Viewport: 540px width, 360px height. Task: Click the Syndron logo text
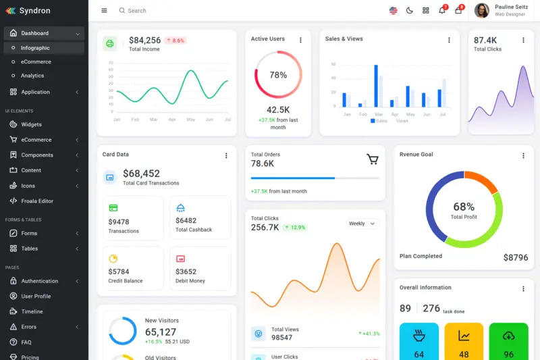(x=34, y=11)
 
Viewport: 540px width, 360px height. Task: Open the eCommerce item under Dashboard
(x=36, y=62)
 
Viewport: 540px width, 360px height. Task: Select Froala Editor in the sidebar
(x=36, y=201)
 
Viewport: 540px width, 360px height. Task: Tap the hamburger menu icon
(x=104, y=11)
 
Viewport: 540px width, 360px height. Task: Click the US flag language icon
(x=394, y=11)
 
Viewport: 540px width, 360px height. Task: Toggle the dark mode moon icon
(x=410, y=11)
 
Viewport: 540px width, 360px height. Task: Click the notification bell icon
(x=442, y=11)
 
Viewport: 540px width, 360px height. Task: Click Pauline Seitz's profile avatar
(x=482, y=10)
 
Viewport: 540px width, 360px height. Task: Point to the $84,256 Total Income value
(x=144, y=41)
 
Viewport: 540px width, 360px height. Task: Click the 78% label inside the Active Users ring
(x=278, y=75)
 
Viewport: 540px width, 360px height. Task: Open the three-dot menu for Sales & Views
(x=449, y=40)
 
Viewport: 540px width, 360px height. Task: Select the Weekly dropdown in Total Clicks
(x=362, y=224)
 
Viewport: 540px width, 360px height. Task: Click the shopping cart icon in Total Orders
(x=373, y=159)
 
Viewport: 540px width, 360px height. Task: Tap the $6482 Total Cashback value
(x=186, y=221)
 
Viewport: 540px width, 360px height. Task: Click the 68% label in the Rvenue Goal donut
(x=464, y=207)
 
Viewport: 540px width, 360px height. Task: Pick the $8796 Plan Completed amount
(x=516, y=257)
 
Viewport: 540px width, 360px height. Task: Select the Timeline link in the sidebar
(x=32, y=311)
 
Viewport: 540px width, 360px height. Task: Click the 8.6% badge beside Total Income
(x=175, y=41)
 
